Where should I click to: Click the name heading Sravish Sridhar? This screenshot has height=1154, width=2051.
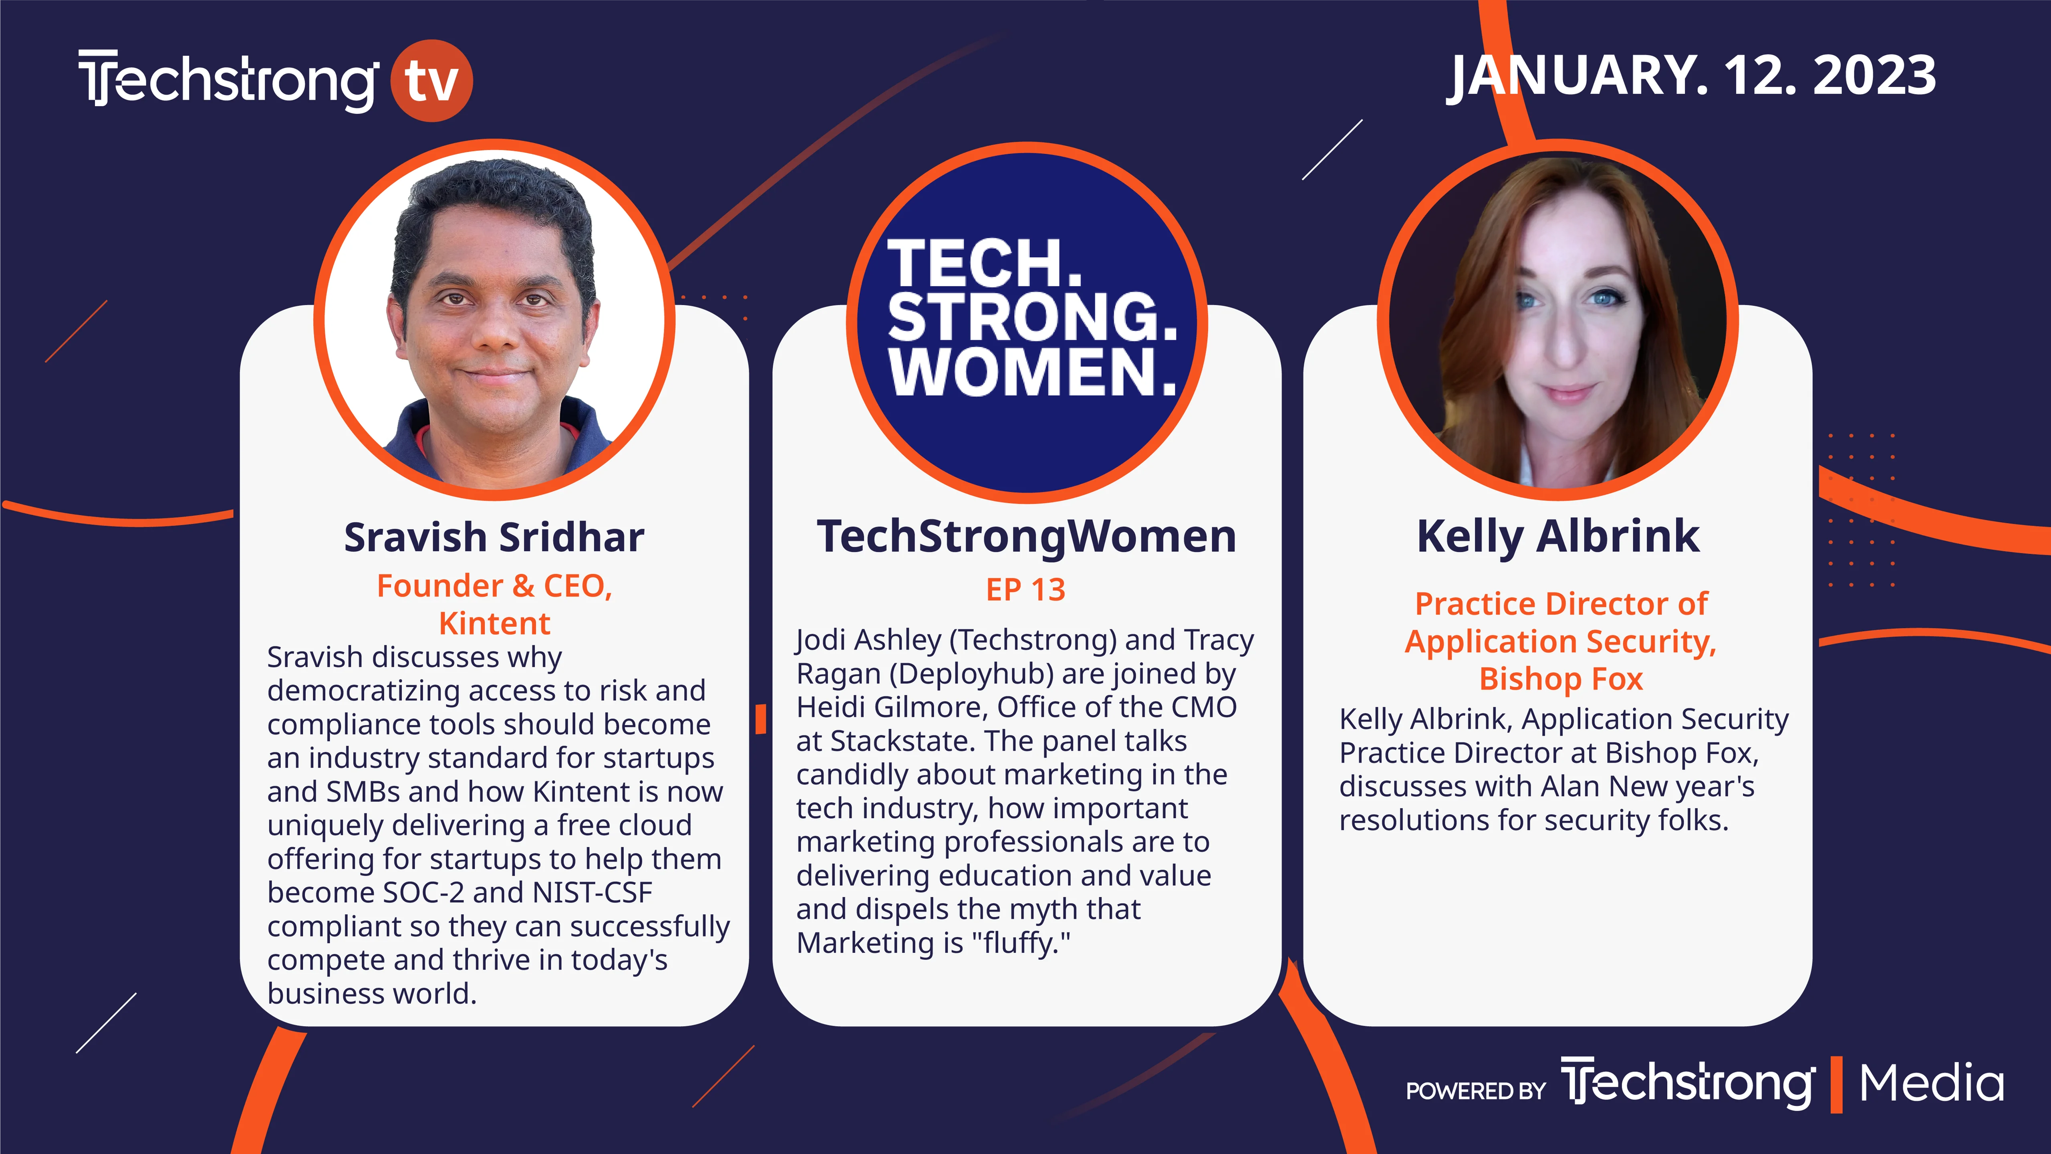point(494,538)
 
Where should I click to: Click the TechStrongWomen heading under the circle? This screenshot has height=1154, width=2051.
point(1026,536)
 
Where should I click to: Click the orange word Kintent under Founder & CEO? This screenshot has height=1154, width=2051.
point(494,623)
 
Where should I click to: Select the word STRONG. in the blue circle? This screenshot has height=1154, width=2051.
point(1033,317)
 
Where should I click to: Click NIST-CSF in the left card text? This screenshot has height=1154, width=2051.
point(592,893)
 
